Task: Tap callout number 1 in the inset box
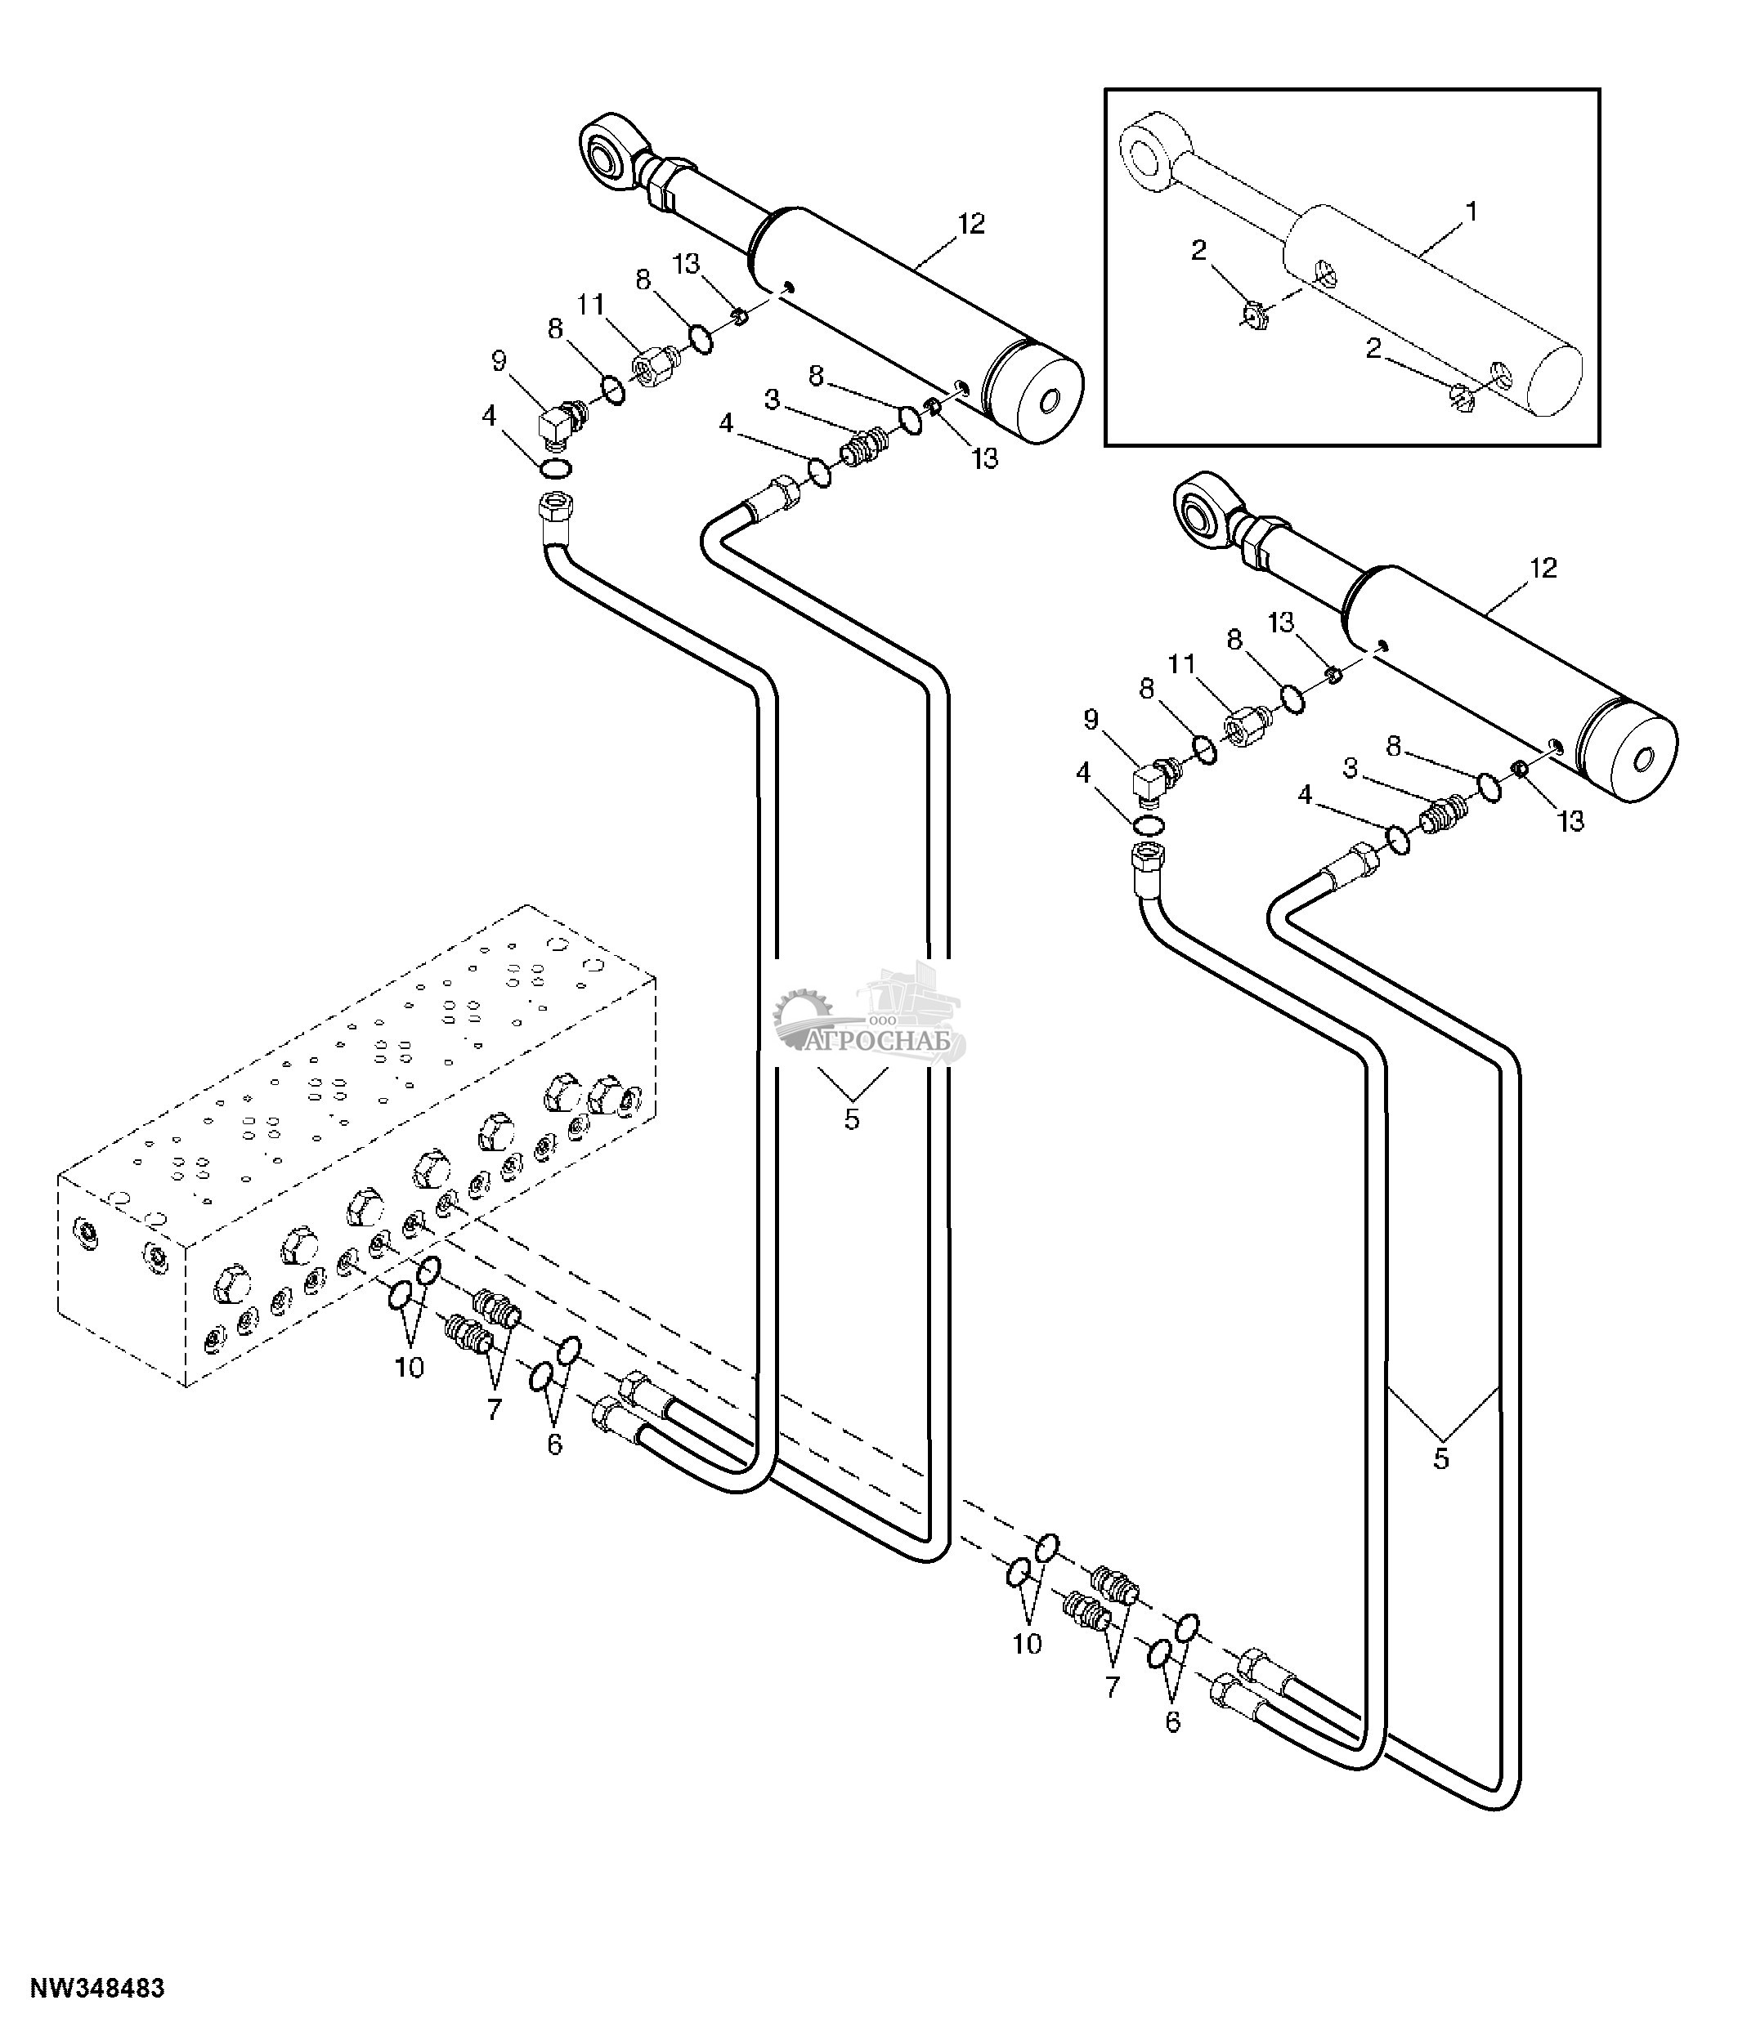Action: [1471, 212]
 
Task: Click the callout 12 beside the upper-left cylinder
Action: [970, 224]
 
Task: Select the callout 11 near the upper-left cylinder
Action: [590, 306]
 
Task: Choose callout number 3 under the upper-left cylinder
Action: [772, 400]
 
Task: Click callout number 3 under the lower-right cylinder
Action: [1351, 769]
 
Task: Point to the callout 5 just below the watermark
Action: [851, 1119]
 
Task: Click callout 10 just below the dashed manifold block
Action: [409, 1368]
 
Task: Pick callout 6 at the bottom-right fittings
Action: [1172, 1721]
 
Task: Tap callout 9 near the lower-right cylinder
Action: [1091, 720]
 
